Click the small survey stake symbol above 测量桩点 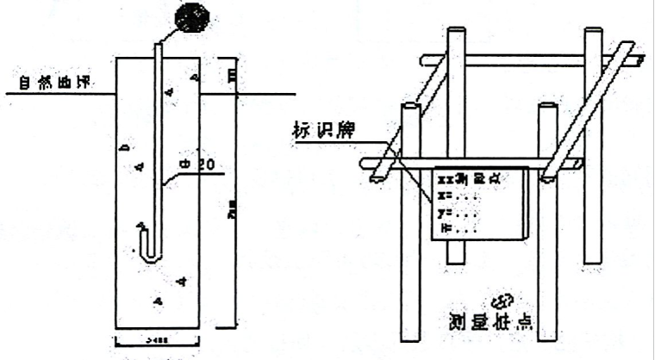(501, 301)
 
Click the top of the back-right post (592, 34)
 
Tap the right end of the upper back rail (639, 61)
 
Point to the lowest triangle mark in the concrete (158, 300)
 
